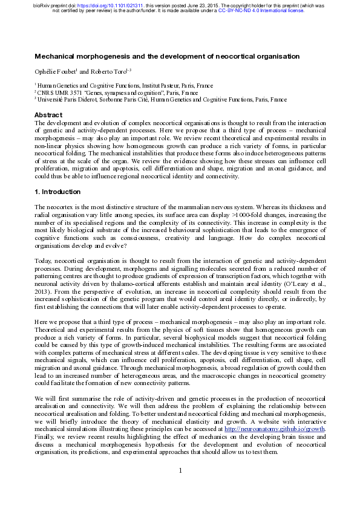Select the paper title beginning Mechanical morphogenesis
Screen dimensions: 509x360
(x=167, y=56)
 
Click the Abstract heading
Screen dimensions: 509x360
(x=48, y=115)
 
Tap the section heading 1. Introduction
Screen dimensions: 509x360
(x=57, y=192)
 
